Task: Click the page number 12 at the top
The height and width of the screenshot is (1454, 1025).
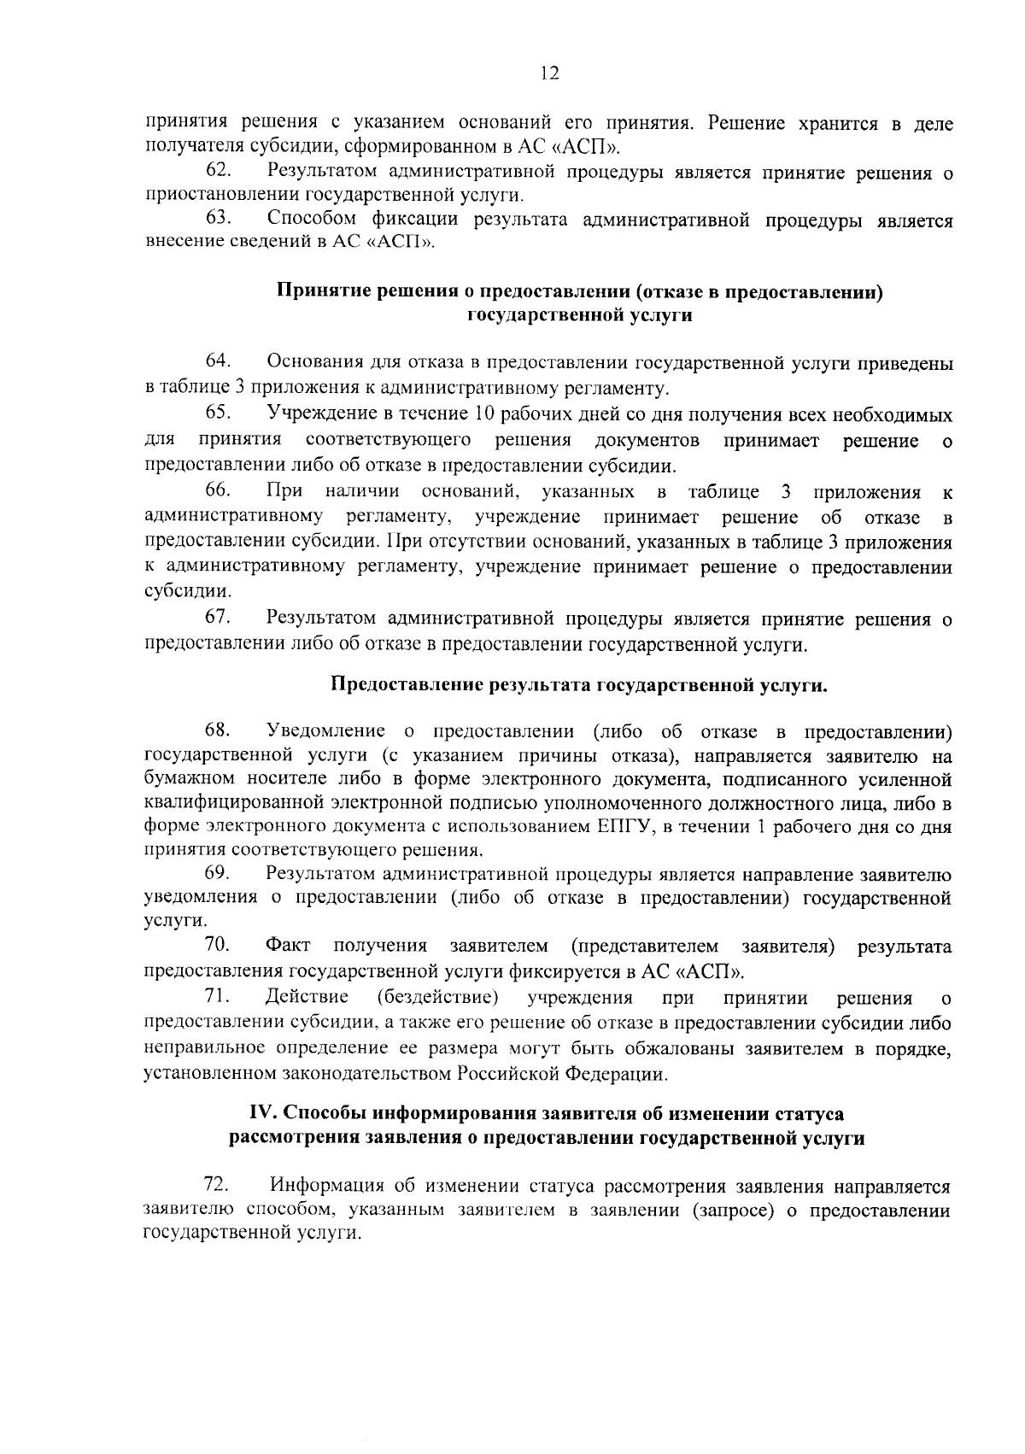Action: pos(549,74)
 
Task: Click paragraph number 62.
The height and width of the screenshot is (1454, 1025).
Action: pos(219,172)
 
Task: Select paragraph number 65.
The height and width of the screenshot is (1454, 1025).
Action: pos(219,414)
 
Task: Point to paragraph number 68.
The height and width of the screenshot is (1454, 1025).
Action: pos(219,731)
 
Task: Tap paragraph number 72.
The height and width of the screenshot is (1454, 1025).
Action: pos(217,1186)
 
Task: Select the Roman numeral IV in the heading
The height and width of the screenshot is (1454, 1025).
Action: pos(261,1113)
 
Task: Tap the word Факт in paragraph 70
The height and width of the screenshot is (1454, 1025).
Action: pos(288,946)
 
